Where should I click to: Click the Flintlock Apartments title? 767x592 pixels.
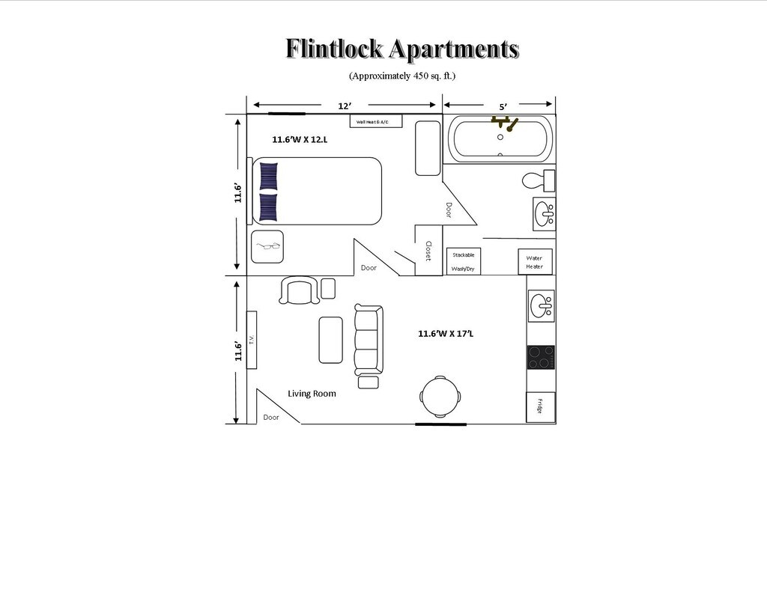point(401,49)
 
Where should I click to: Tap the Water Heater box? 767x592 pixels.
point(535,262)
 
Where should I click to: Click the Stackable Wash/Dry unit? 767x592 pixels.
point(464,261)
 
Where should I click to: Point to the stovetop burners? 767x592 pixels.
point(541,357)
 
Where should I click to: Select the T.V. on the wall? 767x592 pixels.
point(252,341)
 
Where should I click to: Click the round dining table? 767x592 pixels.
point(440,396)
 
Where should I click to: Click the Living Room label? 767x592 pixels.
point(312,394)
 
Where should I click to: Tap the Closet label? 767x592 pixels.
point(428,251)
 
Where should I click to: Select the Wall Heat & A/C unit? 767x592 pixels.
point(376,121)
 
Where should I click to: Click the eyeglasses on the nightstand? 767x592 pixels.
point(267,246)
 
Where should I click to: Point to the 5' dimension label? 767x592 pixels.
point(503,107)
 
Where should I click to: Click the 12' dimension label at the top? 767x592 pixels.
point(344,106)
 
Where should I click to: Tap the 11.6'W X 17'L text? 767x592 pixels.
point(446,334)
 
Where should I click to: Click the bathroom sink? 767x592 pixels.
point(545,214)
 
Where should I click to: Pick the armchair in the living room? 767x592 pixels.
point(298,290)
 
